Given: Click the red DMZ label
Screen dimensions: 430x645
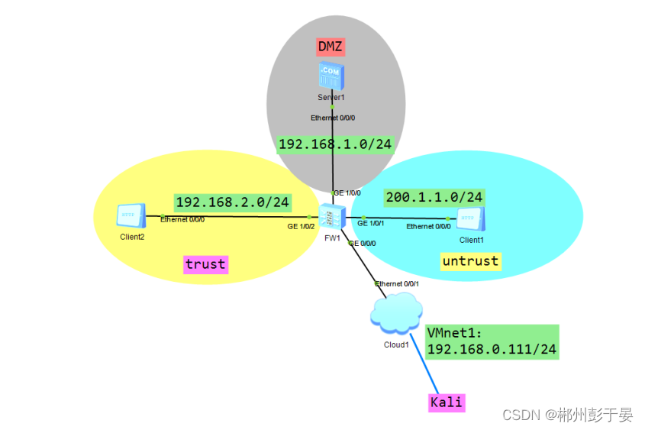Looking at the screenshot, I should point(331,47).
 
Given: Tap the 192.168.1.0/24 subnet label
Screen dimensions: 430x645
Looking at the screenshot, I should point(334,144).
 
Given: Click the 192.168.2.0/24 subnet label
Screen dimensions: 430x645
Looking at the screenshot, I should point(233,202).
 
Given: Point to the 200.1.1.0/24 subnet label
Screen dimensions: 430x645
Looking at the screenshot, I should point(434,197).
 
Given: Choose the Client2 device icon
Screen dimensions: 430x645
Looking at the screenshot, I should point(131,216).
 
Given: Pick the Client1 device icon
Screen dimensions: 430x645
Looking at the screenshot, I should point(471,220).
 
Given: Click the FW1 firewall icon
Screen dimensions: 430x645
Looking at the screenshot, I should point(331,218).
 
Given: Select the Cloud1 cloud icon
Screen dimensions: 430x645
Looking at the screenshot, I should point(396,315).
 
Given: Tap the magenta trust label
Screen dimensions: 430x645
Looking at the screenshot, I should point(205,264).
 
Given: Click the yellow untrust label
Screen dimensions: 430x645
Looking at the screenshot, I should point(470,261).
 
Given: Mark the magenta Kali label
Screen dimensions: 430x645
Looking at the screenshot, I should point(447,402).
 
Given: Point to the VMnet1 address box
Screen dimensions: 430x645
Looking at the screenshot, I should point(492,341).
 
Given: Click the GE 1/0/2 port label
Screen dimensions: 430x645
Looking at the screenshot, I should point(301,227).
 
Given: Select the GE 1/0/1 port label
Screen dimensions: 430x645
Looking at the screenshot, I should point(371,224).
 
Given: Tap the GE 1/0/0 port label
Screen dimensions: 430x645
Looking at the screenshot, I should point(347,193).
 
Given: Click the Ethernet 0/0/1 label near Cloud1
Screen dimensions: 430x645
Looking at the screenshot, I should point(398,283).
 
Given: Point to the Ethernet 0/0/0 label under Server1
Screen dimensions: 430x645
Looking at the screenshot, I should point(333,118).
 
